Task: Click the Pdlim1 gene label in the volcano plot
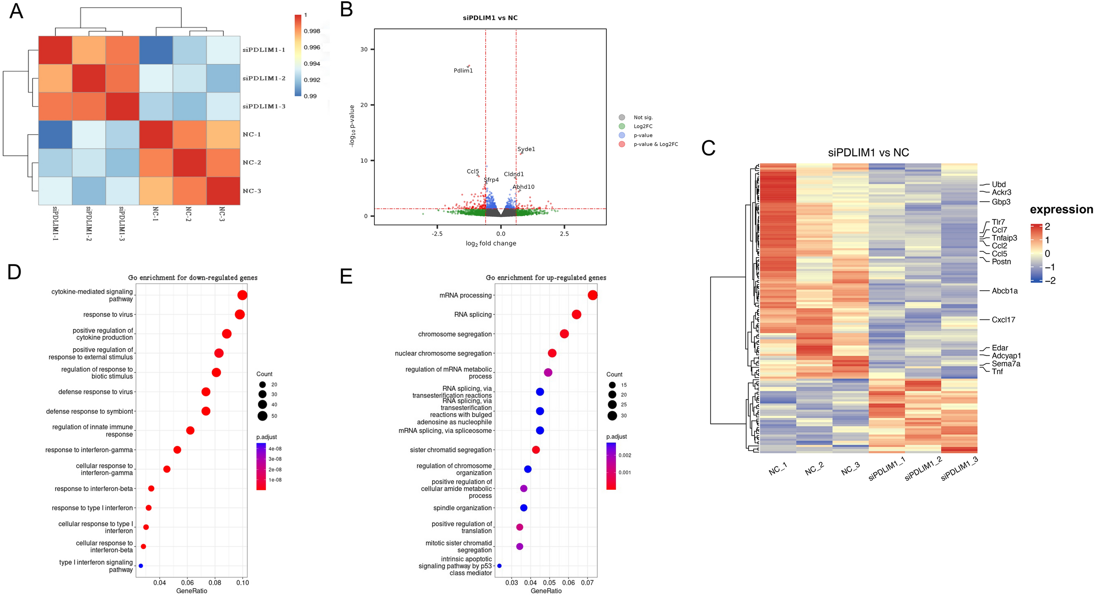(463, 70)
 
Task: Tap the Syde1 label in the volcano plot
(526, 149)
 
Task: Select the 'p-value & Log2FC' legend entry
(655, 144)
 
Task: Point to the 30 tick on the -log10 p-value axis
(364, 49)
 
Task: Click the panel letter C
(708, 148)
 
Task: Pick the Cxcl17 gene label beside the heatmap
(1003, 320)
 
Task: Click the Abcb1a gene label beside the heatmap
(1004, 291)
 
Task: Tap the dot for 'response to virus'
(240, 314)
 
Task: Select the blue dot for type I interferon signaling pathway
(141, 566)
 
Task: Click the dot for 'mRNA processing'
(592, 295)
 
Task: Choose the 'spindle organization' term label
(462, 508)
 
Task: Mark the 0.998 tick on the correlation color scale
(312, 31)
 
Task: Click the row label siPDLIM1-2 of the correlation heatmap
(264, 78)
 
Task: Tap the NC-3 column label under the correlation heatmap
(222, 214)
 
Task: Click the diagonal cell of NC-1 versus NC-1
(156, 135)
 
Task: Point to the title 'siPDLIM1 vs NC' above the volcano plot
(490, 18)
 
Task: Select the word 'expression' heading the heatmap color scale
(1061, 209)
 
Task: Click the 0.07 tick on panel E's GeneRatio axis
(587, 583)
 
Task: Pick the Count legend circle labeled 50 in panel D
(262, 416)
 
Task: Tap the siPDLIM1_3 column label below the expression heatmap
(959, 469)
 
